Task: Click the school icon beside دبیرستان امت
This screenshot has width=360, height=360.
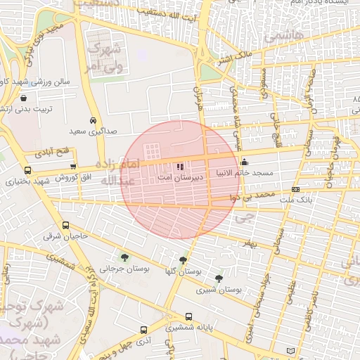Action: click(180, 167)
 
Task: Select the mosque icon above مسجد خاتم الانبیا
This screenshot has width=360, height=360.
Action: click(244, 164)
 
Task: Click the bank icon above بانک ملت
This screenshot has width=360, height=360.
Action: click(295, 190)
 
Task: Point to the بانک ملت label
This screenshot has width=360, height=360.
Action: click(295, 200)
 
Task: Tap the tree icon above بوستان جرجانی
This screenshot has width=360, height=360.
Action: click(124, 257)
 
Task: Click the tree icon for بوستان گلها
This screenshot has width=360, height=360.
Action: click(184, 260)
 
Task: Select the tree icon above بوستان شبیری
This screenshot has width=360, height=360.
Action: click(219, 278)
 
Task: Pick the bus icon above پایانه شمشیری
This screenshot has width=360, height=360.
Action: click(188, 316)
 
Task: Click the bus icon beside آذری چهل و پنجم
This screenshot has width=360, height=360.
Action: click(143, 330)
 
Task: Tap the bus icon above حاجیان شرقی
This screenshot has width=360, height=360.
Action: click(65, 226)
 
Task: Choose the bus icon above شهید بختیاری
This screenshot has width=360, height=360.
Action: click(27, 170)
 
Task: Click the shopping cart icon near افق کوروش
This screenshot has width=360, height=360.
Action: click(74, 166)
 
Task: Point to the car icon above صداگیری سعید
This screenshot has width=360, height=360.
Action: click(94, 120)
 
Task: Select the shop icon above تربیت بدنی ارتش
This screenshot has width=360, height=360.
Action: click(25, 98)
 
